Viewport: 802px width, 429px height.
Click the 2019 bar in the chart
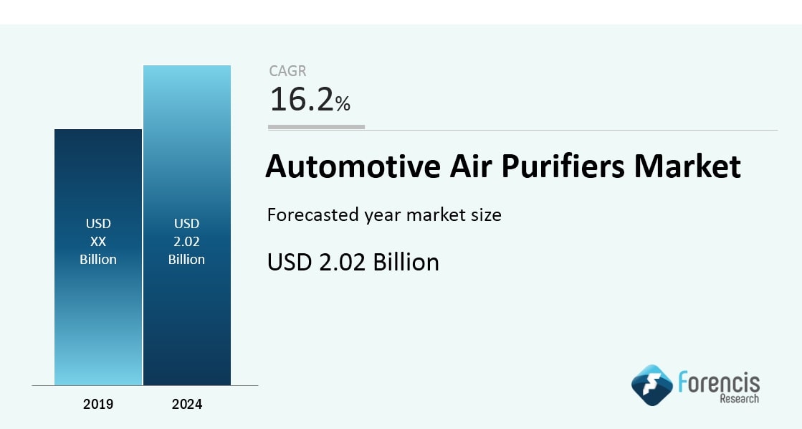[98, 257]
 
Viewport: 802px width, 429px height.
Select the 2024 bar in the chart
[187, 225]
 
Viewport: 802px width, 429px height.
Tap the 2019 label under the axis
[98, 404]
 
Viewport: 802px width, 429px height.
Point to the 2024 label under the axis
[187, 404]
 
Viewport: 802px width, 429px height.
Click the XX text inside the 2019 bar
[98, 241]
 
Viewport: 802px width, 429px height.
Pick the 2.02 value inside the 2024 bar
[186, 241]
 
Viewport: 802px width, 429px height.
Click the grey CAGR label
[287, 70]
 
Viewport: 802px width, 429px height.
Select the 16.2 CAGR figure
[302, 99]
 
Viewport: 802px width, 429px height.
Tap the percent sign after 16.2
[343, 103]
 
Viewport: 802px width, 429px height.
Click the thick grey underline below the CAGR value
[316, 127]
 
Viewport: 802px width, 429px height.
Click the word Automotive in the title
[353, 166]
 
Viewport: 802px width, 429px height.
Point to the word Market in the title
[687, 166]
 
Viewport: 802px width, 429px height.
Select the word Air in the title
[471, 166]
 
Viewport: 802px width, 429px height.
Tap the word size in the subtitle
[486, 214]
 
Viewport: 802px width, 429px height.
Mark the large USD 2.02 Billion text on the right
[353, 262]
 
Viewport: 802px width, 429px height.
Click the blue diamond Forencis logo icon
[652, 385]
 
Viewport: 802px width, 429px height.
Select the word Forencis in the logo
[719, 382]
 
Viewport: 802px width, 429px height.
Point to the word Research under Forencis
[740, 398]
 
